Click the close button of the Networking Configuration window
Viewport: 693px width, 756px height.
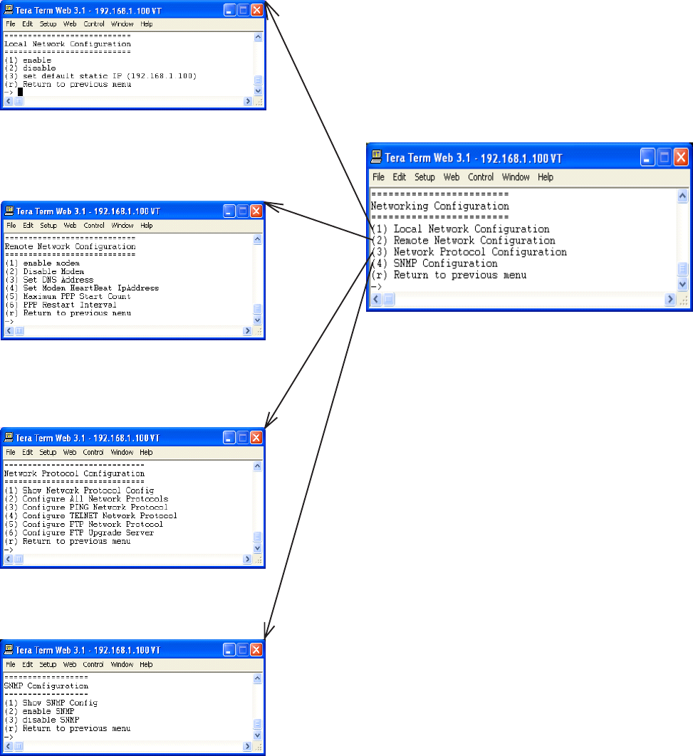(681, 157)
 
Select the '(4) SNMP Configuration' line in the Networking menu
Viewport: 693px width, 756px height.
(445, 263)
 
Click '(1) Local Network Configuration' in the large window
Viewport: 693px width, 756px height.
(471, 229)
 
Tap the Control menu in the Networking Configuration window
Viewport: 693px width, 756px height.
(481, 177)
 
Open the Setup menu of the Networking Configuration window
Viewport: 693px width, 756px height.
(424, 177)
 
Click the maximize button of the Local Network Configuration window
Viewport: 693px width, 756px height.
(243, 10)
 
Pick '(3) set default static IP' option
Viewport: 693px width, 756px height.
(100, 76)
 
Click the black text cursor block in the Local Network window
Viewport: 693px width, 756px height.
(21, 92)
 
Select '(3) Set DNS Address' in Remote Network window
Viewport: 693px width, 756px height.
(49, 280)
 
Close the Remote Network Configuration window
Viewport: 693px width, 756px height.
(256, 211)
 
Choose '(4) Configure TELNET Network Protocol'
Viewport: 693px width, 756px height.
(90, 515)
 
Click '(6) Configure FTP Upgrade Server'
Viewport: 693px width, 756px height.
(79, 532)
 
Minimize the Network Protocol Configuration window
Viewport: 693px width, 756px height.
(229, 438)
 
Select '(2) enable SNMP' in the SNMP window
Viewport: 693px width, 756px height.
(39, 711)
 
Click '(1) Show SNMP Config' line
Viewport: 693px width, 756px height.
(51, 703)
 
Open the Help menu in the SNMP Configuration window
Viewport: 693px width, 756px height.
(146, 664)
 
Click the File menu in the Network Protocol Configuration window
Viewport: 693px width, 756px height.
(11, 452)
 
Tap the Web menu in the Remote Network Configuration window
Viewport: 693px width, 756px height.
(70, 226)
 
